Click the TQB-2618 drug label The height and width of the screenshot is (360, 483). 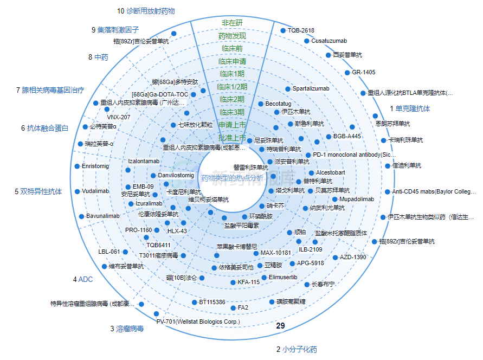click(x=301, y=30)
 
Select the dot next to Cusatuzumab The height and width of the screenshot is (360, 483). click(x=307, y=41)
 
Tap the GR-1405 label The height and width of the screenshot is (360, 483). click(x=363, y=72)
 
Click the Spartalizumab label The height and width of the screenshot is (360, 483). click(x=311, y=88)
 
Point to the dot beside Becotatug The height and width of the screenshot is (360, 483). click(x=261, y=104)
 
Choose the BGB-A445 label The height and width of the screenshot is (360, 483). click(x=347, y=136)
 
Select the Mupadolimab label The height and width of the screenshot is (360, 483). click(x=356, y=200)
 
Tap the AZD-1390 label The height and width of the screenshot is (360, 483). click(x=353, y=257)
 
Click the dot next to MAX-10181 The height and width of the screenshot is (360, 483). click(x=256, y=253)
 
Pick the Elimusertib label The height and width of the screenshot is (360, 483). click(x=283, y=277)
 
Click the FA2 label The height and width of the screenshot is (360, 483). click(x=243, y=307)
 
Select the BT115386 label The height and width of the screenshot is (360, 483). click(x=212, y=302)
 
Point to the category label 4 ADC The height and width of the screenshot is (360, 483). click(x=82, y=280)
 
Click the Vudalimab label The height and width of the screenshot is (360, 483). click(x=95, y=191)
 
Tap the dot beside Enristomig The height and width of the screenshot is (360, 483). click(x=77, y=166)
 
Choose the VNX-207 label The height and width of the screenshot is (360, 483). click(x=118, y=117)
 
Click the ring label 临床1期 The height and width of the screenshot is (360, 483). click(x=232, y=74)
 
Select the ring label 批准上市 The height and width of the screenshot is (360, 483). click(x=232, y=138)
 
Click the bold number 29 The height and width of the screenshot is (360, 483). click(x=280, y=326)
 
